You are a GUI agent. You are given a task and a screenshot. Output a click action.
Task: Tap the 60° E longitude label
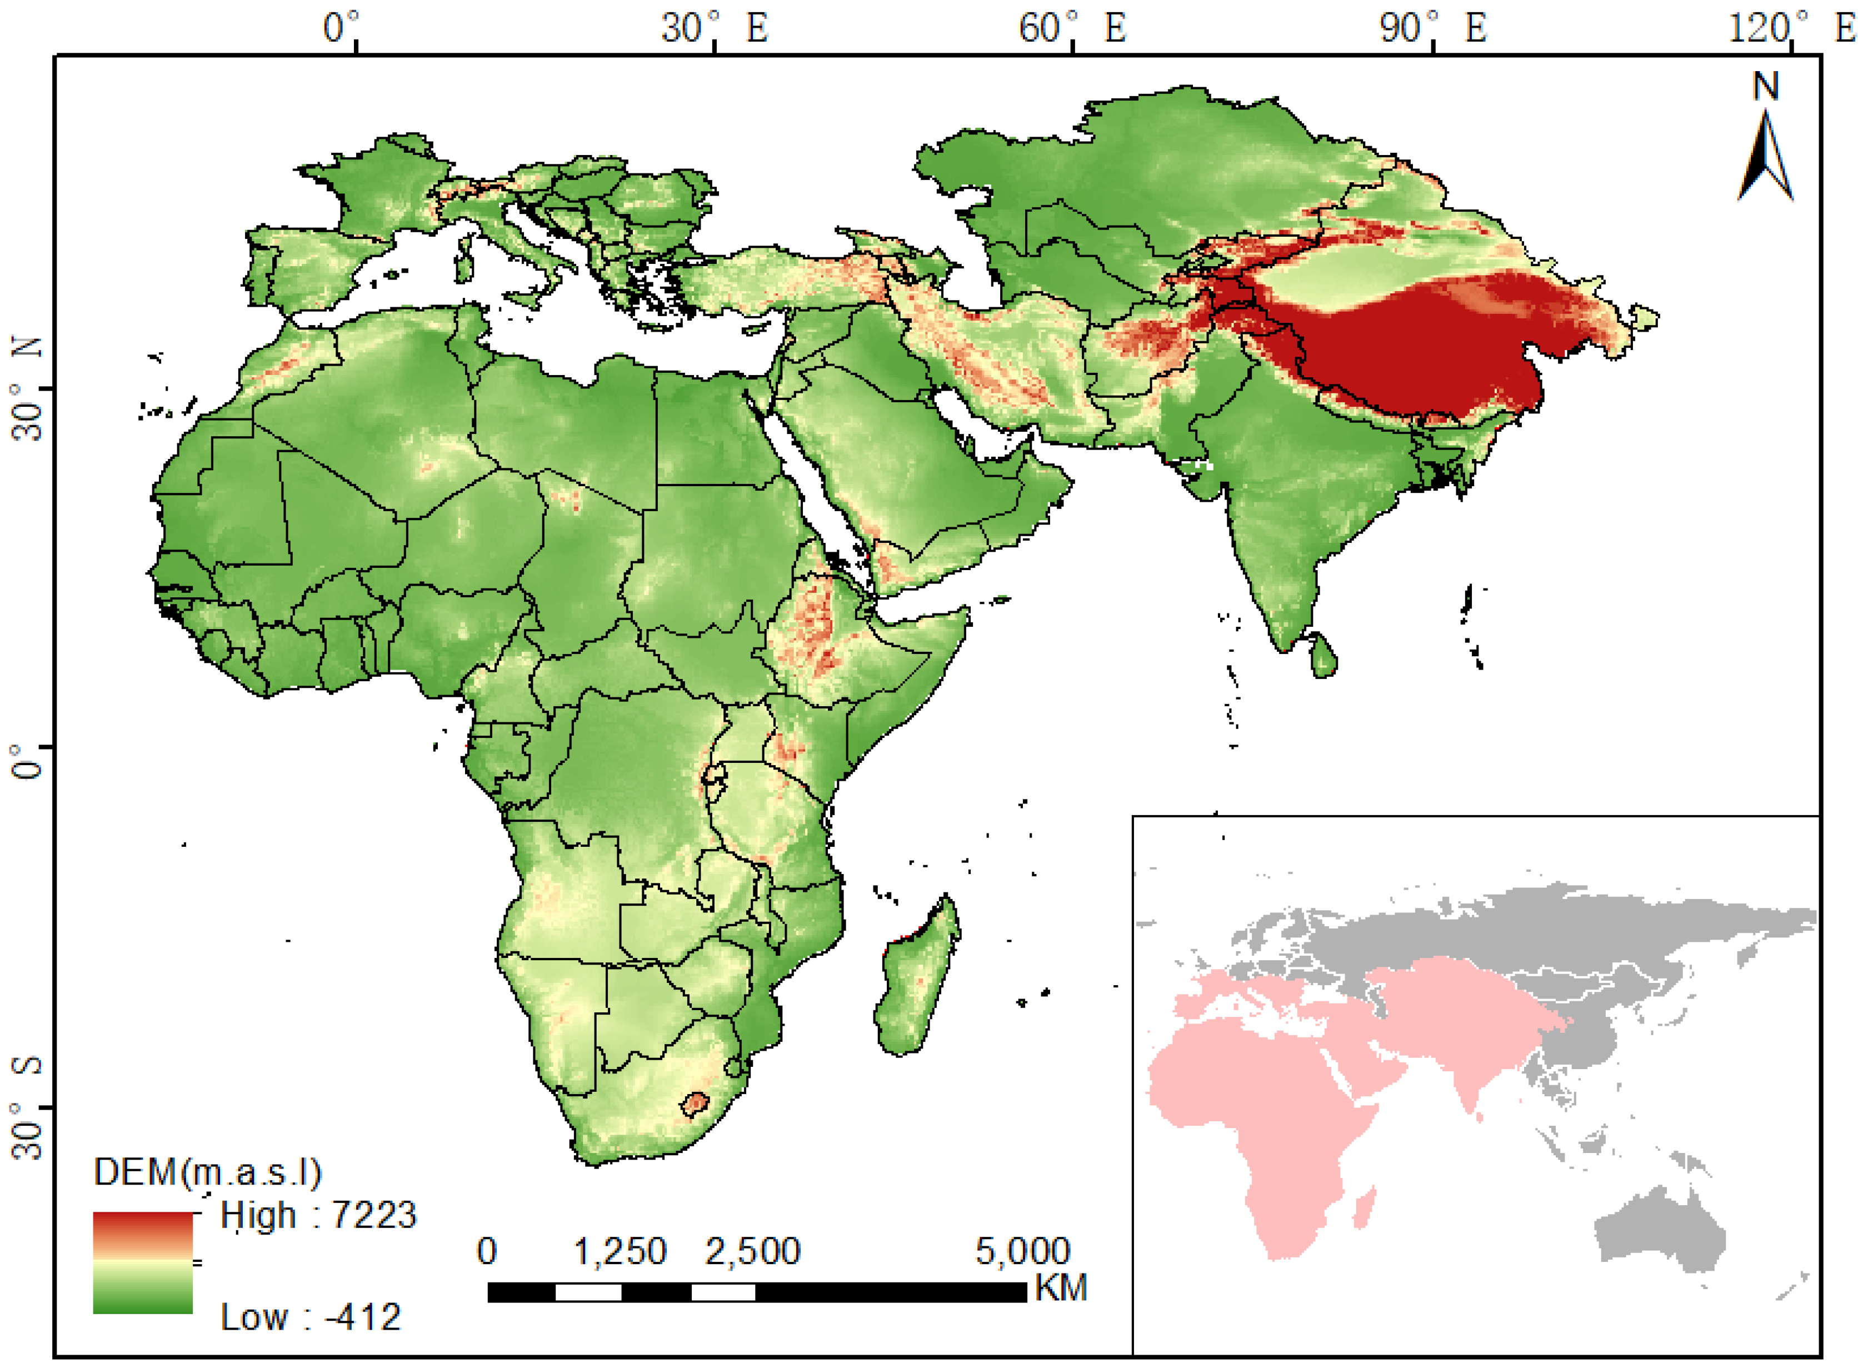pos(1072,29)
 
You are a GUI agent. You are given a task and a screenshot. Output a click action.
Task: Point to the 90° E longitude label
pos(1432,29)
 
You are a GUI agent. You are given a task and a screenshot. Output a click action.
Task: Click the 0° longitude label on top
pos(342,29)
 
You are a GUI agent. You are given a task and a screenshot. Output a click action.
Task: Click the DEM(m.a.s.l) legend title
pos(207,1172)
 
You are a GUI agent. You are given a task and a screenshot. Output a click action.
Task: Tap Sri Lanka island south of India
pos(1322,654)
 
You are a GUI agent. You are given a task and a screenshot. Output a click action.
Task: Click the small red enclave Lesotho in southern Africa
pos(696,1103)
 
